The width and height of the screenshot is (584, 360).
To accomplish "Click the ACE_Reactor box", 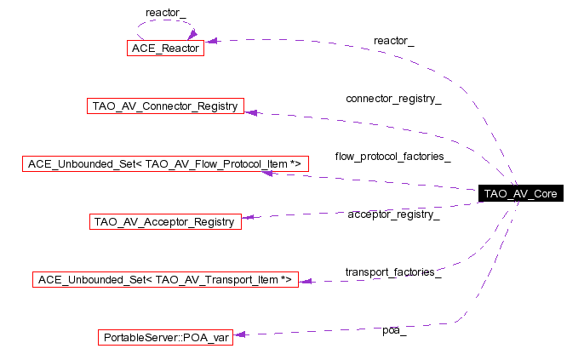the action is click(x=165, y=48).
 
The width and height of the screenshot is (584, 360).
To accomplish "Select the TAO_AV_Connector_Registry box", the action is click(x=165, y=106).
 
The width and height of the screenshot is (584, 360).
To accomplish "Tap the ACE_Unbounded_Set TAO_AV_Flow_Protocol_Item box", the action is click(x=165, y=163).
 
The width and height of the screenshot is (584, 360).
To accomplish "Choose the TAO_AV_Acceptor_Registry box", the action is click(x=165, y=221).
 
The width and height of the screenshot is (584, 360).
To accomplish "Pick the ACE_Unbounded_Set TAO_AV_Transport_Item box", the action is click(x=165, y=280).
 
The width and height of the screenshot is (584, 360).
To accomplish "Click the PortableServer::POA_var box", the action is click(x=165, y=337).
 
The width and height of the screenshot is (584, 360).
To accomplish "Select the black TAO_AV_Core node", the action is click(x=521, y=193).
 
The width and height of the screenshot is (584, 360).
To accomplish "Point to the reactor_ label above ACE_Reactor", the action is click(x=166, y=13).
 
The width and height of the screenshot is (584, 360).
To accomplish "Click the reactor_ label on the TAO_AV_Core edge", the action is click(x=393, y=41).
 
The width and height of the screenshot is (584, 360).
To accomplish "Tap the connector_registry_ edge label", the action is click(x=393, y=99).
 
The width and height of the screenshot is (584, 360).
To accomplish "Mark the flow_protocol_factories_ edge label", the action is click(x=393, y=157).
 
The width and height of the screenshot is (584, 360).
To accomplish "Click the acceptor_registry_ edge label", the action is click(x=393, y=214).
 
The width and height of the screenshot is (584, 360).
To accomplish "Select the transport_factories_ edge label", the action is click(x=393, y=272).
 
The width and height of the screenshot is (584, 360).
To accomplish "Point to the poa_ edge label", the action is click(x=394, y=330).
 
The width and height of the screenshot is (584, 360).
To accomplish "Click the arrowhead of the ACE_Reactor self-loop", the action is click(x=192, y=35).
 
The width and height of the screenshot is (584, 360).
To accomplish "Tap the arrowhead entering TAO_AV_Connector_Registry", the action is click(x=250, y=112).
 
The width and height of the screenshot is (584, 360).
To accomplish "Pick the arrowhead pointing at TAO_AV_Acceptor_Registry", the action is click(x=248, y=217).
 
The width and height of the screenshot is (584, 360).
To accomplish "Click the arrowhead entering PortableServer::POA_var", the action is click(x=239, y=334).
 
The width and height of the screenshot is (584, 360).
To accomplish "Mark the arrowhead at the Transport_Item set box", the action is click(x=305, y=282).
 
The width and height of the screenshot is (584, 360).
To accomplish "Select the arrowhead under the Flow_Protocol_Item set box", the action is click(x=266, y=173).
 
